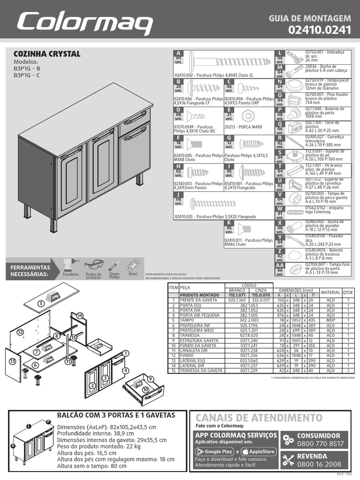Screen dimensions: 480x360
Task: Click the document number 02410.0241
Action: (320, 30)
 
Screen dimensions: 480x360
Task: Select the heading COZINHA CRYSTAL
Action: (47, 54)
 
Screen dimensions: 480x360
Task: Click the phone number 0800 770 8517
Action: (320, 444)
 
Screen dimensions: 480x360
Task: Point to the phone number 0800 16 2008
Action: (319, 464)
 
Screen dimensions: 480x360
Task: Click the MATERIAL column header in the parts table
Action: (330, 292)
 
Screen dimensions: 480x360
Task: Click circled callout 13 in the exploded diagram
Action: (13, 361)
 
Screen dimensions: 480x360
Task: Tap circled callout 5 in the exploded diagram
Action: (41, 303)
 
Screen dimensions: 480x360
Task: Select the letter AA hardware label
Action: (280, 265)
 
